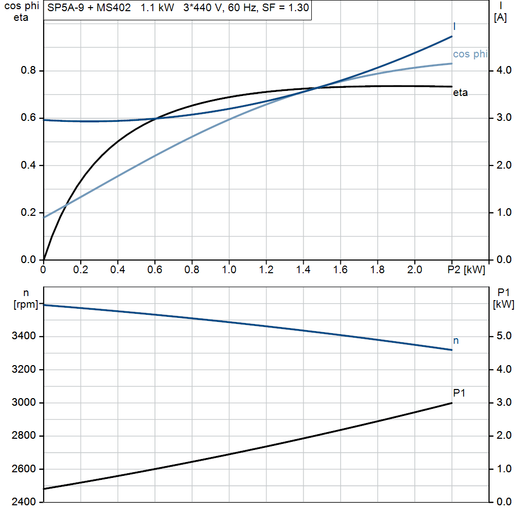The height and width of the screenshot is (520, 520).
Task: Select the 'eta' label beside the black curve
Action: click(460, 92)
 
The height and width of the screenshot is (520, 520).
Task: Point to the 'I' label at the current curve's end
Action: click(454, 26)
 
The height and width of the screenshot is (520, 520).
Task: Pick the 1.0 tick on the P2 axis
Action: click(229, 270)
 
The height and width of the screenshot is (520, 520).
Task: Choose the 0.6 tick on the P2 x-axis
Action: click(155, 270)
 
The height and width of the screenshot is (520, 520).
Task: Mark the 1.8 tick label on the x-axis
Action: click(377, 270)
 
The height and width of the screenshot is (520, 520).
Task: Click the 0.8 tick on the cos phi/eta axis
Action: click(28, 71)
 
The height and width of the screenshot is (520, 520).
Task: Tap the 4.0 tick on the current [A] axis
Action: click(502, 71)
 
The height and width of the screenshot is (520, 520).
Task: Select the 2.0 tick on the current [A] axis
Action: click(502, 166)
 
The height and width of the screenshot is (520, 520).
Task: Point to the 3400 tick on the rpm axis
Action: click(24, 336)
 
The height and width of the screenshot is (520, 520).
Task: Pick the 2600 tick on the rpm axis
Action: click(24, 469)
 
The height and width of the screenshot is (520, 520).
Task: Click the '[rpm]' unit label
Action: click(25, 305)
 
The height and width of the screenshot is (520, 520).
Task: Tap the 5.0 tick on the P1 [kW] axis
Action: click(502, 336)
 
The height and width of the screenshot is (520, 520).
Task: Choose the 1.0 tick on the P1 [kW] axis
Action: click(502, 469)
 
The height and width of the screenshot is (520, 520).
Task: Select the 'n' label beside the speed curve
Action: click(456, 341)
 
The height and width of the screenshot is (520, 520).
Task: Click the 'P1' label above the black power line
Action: click(459, 393)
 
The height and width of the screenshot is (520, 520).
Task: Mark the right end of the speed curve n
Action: click(451, 350)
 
